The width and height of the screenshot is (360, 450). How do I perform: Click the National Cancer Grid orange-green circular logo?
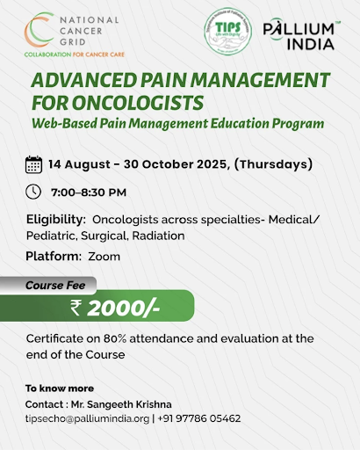pyautogui.click(x=38, y=30)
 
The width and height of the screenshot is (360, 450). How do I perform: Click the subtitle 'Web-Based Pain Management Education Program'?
pyautogui.click(x=176, y=124)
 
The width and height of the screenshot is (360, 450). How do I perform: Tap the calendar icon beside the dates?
pyautogui.click(x=34, y=163)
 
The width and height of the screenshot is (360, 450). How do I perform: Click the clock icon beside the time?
pyautogui.click(x=34, y=191)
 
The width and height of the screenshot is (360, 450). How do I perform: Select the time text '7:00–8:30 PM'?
pyautogui.click(x=90, y=191)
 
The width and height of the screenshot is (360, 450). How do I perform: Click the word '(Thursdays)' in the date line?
pyautogui.click(x=270, y=163)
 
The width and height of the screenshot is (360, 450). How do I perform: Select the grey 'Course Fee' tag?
pyautogui.click(x=58, y=285)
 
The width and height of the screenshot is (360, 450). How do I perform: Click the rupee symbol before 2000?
pyautogui.click(x=79, y=308)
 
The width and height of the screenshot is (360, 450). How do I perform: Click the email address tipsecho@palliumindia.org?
pyautogui.click(x=88, y=419)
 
